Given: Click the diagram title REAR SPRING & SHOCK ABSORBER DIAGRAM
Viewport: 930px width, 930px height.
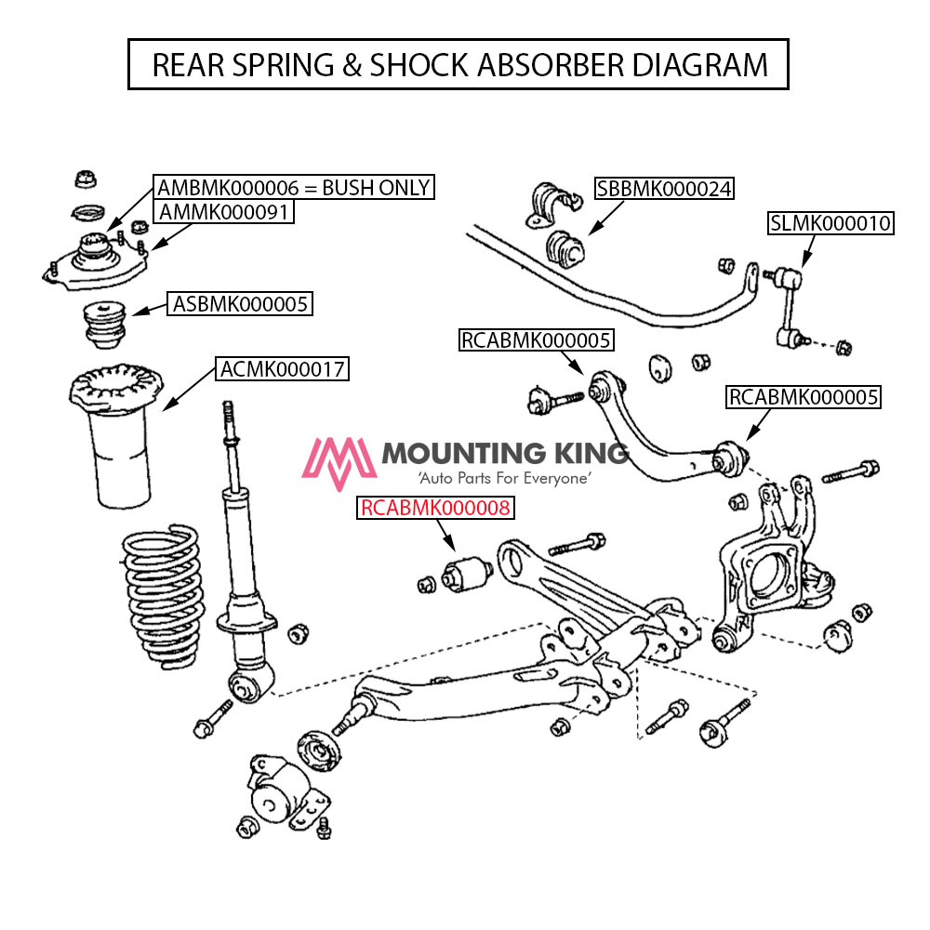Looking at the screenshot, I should [458, 64].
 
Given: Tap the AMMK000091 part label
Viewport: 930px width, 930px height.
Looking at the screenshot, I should [225, 212].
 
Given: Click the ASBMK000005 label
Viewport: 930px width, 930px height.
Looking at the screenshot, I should [240, 303].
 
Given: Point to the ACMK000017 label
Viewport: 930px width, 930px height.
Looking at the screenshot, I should [283, 369].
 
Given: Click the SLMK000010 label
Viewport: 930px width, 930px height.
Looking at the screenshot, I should [830, 223].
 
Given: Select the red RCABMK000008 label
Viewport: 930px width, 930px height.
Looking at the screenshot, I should [435, 508].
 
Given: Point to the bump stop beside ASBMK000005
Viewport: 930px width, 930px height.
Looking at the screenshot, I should [103, 321].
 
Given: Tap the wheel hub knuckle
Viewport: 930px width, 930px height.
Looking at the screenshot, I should [767, 567].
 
